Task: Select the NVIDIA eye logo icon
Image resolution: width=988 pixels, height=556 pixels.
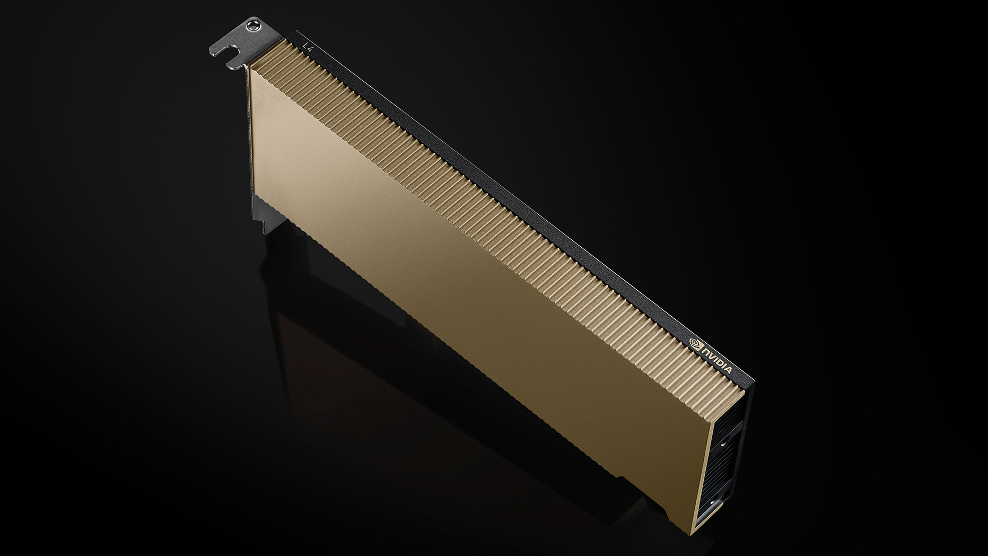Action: click(x=694, y=342)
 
